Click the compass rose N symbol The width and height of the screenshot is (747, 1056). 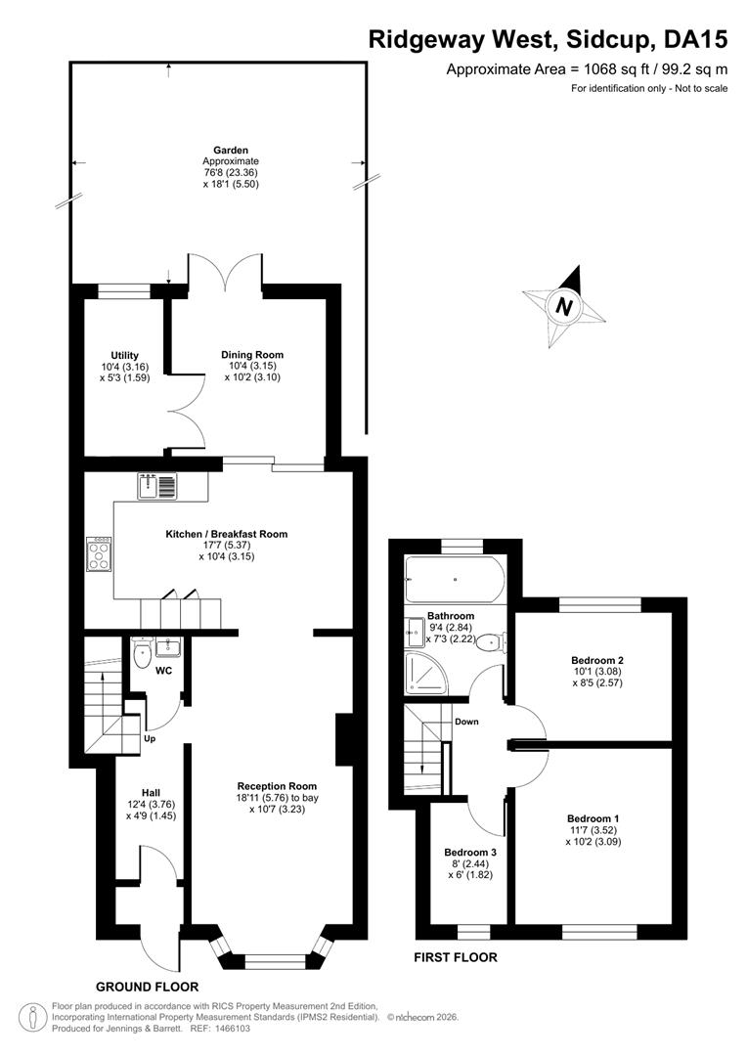pos(564,307)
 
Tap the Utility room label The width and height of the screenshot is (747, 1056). pos(124,355)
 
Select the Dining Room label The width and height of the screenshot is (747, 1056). pos(252,354)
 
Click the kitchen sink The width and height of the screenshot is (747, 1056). pos(157,486)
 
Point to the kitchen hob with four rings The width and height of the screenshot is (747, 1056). pos(99,553)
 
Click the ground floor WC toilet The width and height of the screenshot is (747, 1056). pos(142,653)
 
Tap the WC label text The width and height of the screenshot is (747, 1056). pos(163,671)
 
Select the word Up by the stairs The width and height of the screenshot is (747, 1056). pos(150,739)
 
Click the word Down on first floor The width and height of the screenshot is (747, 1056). pos(466,722)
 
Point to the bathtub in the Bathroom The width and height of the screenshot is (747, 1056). pos(454,579)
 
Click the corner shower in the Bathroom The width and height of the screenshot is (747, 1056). pos(423,671)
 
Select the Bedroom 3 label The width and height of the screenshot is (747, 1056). pos(470,852)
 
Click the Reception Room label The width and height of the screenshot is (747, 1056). pos(277,786)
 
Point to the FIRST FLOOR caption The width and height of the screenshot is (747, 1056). pos(456,957)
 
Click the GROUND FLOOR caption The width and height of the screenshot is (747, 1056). pos(147,987)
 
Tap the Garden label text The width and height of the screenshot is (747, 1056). pos(231,151)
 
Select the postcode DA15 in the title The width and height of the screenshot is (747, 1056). pos(696,40)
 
